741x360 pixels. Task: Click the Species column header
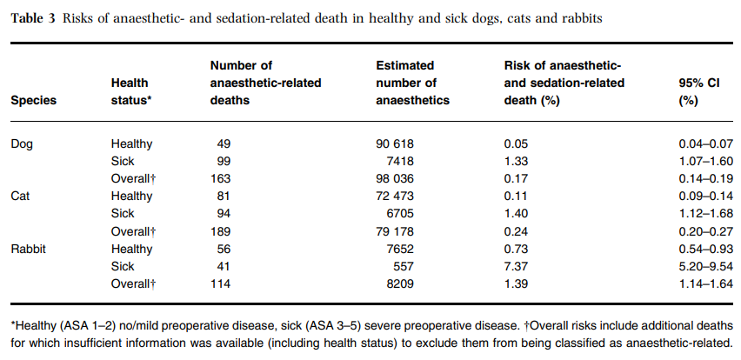click(x=33, y=100)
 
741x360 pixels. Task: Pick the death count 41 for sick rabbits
click(x=227, y=266)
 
